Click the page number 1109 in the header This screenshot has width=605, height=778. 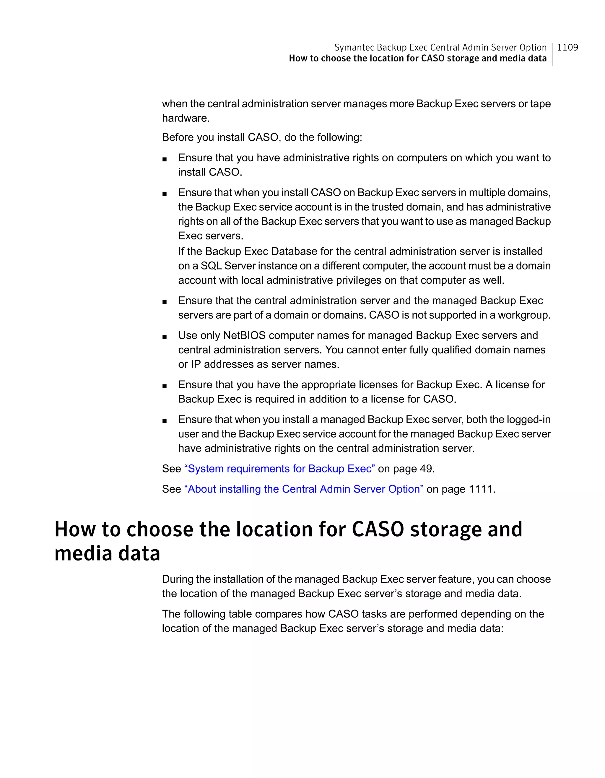(567, 47)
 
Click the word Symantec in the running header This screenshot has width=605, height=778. (354, 47)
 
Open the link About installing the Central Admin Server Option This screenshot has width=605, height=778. (303, 489)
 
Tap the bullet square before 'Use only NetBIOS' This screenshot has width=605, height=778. (165, 337)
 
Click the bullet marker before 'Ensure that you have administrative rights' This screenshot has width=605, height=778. (165, 159)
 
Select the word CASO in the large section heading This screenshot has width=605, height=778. (378, 530)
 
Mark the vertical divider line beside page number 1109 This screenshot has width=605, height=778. (552, 54)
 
